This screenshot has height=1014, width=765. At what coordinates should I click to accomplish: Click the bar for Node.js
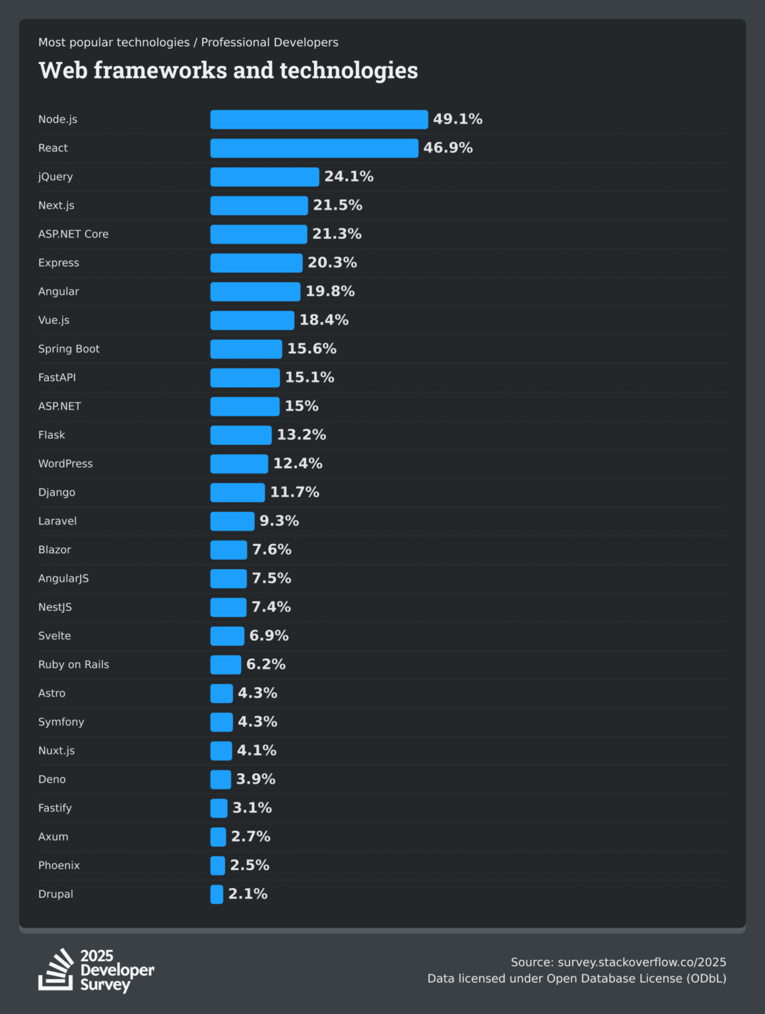(319, 119)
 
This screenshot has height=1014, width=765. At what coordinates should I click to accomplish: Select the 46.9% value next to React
(448, 148)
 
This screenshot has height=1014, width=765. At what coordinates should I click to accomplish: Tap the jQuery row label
(55, 177)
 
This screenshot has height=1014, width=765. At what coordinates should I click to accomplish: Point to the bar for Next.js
(259, 205)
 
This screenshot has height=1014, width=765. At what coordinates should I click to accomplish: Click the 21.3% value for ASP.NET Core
(337, 234)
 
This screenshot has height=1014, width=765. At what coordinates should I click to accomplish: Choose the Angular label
(59, 292)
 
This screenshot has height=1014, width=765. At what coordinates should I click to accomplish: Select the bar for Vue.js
(252, 320)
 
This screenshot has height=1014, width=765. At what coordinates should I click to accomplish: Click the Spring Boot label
(69, 349)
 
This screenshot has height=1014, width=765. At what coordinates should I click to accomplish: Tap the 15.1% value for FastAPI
(310, 378)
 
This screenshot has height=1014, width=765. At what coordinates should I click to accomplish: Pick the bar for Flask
(241, 435)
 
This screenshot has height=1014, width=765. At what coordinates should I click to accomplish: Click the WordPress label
(65, 464)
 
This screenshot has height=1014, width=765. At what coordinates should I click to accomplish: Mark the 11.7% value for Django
(294, 492)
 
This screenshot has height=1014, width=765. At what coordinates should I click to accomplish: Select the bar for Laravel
(232, 522)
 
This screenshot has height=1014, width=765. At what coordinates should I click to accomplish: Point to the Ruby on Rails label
(73, 665)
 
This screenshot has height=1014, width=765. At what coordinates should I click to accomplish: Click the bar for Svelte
(227, 636)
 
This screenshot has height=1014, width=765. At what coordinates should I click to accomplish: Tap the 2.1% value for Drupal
(248, 895)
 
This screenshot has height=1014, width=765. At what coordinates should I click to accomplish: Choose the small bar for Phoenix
(217, 865)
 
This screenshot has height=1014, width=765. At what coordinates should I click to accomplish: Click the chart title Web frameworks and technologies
(228, 71)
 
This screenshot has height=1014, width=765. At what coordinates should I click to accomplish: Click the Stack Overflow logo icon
(56, 970)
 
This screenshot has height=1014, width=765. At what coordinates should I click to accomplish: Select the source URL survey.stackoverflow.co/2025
(642, 963)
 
